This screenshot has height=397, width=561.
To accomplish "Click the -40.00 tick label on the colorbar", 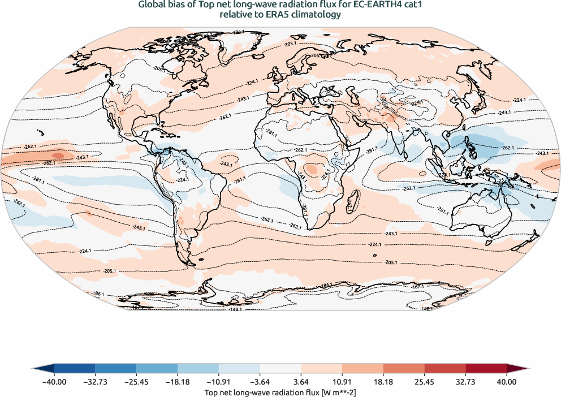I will (x=54, y=382).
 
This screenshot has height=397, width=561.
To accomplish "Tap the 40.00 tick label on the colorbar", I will (x=507, y=382).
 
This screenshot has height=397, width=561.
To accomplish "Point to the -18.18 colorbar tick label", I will (x=178, y=382).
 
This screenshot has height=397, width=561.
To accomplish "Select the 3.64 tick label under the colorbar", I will (x=301, y=382).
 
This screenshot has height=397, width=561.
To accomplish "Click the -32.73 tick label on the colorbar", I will (x=95, y=382).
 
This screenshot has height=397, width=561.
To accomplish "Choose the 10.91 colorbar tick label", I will (x=342, y=382).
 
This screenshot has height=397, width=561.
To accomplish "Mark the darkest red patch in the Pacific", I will (x=57, y=154).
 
